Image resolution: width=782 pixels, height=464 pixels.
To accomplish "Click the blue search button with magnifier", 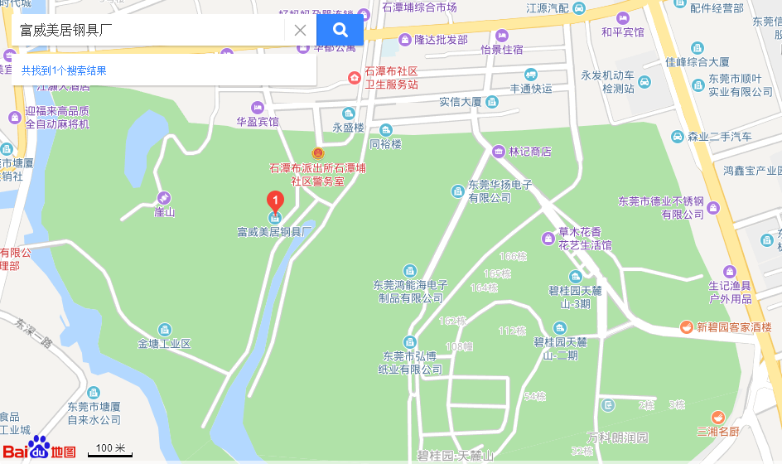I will (x=340, y=31).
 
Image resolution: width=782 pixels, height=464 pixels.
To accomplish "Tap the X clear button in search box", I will (x=300, y=31).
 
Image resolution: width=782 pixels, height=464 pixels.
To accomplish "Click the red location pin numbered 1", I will (x=274, y=201).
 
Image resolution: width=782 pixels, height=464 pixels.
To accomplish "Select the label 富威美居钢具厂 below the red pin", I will (x=273, y=232).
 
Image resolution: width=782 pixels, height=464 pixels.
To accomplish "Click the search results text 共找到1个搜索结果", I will (x=64, y=70).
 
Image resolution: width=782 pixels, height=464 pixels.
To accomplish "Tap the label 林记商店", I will (x=530, y=152).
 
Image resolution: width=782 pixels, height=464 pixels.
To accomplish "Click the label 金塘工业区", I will (x=164, y=343).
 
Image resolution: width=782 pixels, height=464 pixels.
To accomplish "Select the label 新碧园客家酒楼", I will (x=733, y=327).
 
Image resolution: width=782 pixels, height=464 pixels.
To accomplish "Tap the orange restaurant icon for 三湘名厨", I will (x=717, y=417).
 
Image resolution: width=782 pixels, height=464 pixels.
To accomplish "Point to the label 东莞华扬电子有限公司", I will (x=500, y=191).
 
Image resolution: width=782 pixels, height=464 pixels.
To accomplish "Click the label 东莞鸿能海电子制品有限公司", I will (x=410, y=291).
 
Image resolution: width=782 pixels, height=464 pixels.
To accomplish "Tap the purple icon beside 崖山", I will (x=165, y=198).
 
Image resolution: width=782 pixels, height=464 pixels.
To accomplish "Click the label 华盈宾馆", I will (x=258, y=121).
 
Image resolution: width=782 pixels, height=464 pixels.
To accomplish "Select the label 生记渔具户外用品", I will (x=730, y=292).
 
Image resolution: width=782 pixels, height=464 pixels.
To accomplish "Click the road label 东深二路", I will (x=34, y=332).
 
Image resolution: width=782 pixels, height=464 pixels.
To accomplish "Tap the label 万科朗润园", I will (x=617, y=437).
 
